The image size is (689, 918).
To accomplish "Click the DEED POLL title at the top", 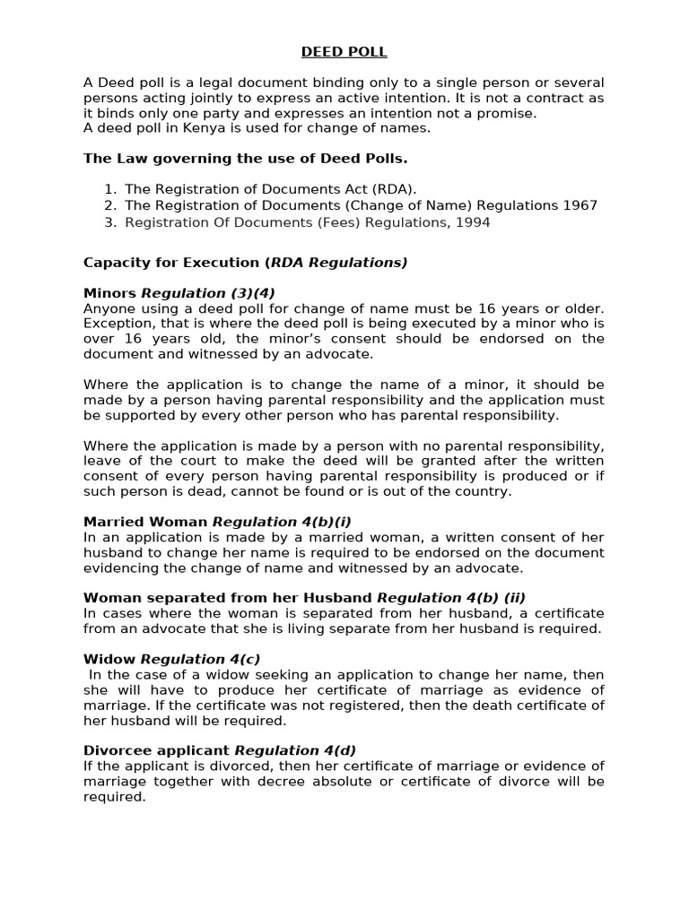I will (344, 52).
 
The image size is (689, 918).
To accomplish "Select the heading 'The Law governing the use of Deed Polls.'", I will (245, 159).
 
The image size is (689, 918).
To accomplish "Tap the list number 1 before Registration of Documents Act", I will (109, 189).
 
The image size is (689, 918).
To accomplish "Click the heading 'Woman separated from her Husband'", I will (228, 598).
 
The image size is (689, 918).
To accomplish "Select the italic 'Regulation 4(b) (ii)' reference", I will (445, 598).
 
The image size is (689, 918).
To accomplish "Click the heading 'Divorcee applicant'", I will (157, 750).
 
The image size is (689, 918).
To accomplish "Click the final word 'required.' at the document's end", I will (114, 796).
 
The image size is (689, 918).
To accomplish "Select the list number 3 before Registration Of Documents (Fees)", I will (109, 221).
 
